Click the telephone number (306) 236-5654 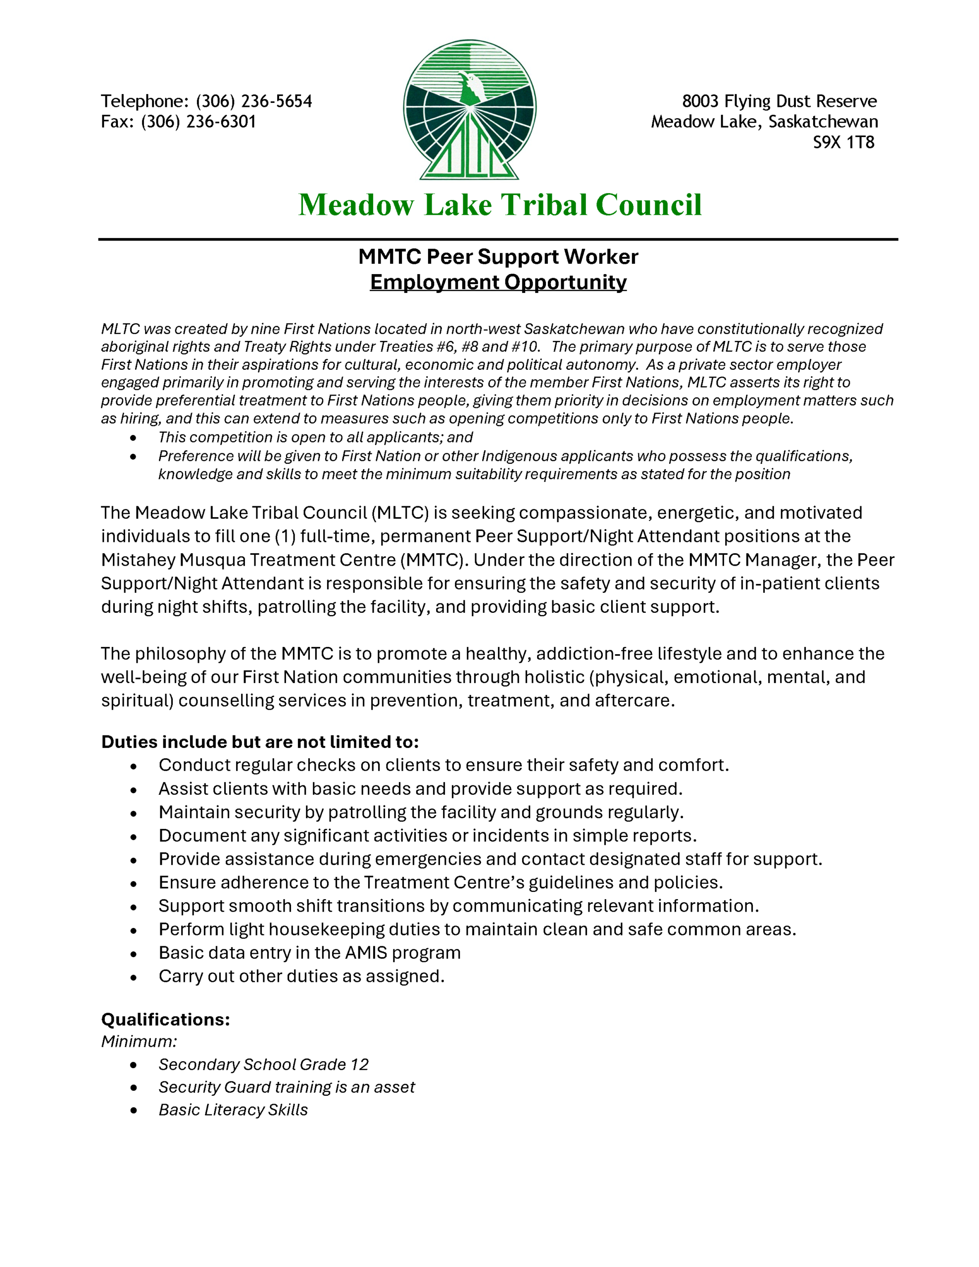(x=253, y=101)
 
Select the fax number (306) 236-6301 (x=198, y=122)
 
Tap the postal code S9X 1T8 (x=843, y=143)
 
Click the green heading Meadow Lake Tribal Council (x=500, y=205)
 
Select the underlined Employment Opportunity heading (x=498, y=283)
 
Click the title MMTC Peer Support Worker (x=498, y=257)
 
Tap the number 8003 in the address (x=700, y=101)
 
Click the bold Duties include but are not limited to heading (x=259, y=742)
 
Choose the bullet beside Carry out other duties (x=134, y=977)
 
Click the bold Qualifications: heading (x=165, y=1020)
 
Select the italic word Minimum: (x=139, y=1042)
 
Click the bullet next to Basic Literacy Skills (x=134, y=1111)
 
